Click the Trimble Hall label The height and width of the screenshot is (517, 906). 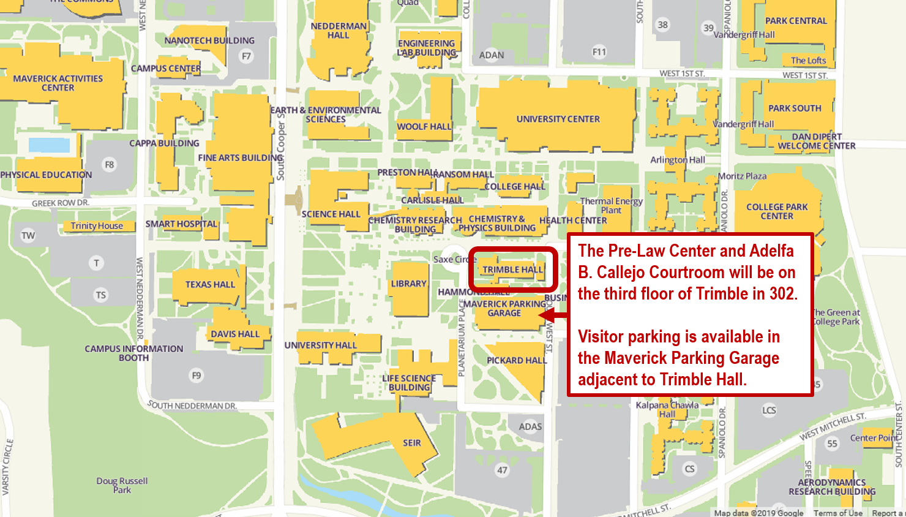(x=512, y=270)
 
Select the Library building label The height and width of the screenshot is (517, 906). (x=408, y=284)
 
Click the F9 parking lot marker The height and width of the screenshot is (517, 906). (x=196, y=375)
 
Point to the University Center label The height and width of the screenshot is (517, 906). (x=558, y=119)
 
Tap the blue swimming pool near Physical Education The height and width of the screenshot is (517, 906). (x=49, y=145)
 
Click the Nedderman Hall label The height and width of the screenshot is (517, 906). (x=339, y=31)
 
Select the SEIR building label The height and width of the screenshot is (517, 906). (x=411, y=443)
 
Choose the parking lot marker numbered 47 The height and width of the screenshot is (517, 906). (x=502, y=470)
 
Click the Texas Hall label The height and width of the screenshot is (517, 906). (x=210, y=284)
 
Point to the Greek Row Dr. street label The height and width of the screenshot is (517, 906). (x=60, y=203)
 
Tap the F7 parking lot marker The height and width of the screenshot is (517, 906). (x=246, y=56)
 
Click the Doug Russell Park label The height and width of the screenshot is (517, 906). (x=122, y=485)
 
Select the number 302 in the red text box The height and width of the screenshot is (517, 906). (x=782, y=294)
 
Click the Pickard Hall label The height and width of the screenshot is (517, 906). (x=517, y=360)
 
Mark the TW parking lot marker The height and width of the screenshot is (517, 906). (x=28, y=235)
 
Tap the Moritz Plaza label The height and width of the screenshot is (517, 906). (x=742, y=176)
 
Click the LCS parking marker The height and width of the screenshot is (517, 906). (x=769, y=410)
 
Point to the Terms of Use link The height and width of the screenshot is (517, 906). (x=837, y=513)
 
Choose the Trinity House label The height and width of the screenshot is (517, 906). (x=97, y=225)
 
